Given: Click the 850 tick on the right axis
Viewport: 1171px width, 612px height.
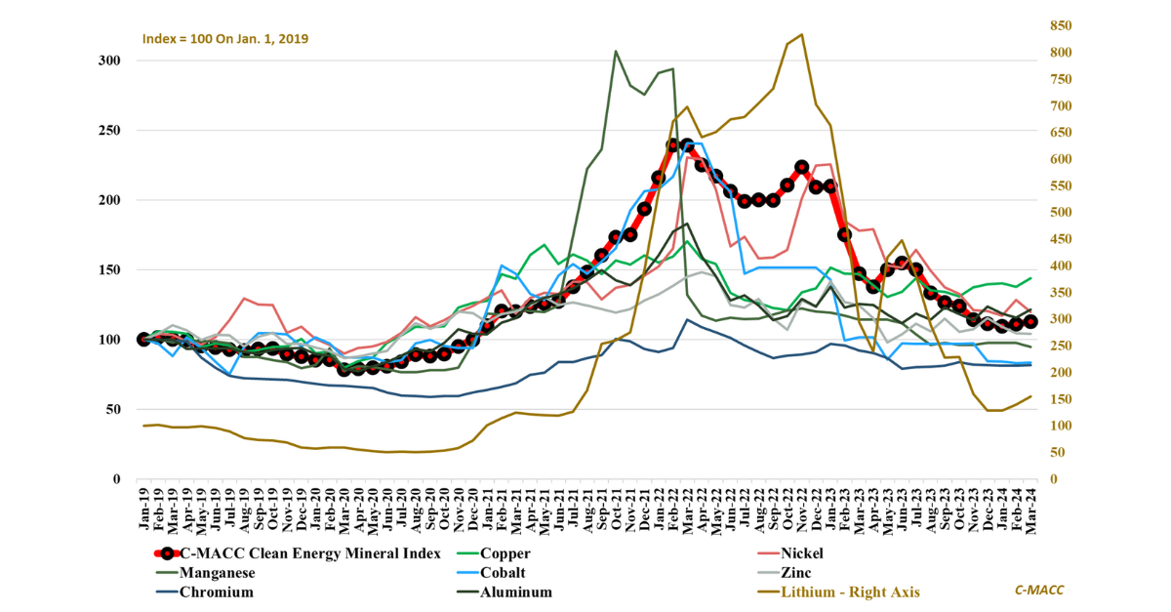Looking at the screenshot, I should (1060, 25).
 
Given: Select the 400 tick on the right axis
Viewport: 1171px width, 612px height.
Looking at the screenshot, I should (1060, 266).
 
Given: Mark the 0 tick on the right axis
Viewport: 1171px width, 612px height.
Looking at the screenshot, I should (1052, 479).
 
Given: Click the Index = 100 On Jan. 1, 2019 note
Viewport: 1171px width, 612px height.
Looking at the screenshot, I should (226, 39).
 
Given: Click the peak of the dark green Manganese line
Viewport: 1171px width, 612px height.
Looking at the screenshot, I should (616, 51).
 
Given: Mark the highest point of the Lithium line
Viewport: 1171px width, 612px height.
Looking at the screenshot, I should (801, 34).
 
